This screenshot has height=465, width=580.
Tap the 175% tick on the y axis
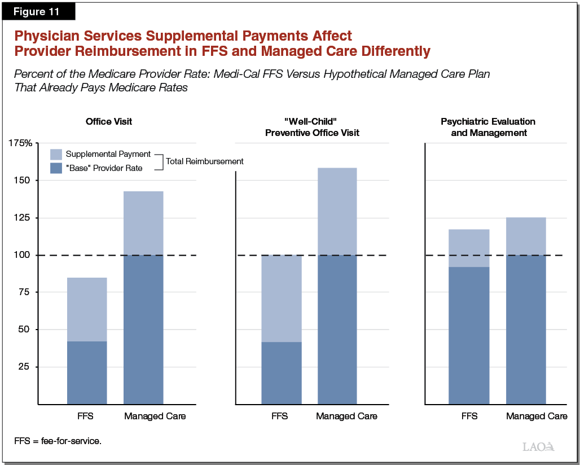(x=20, y=143)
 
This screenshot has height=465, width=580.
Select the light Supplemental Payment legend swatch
(x=56, y=154)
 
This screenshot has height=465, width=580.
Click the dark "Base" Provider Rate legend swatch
(x=56, y=168)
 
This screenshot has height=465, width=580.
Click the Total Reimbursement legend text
(x=204, y=161)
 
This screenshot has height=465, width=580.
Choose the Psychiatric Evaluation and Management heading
(x=489, y=127)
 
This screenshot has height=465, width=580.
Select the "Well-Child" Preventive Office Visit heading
(x=313, y=127)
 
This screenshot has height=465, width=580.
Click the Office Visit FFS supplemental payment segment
(x=87, y=309)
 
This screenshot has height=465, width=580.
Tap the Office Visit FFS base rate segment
(x=87, y=372)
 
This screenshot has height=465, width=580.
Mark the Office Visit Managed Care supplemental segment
(x=143, y=223)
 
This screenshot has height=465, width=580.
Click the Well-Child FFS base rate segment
(x=281, y=372)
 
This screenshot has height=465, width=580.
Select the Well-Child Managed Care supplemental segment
(x=337, y=211)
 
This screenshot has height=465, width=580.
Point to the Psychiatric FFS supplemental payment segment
(x=469, y=248)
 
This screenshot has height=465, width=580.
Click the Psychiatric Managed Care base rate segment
(x=526, y=330)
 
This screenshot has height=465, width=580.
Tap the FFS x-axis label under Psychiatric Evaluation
(x=469, y=416)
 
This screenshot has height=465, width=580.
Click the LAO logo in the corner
(x=538, y=446)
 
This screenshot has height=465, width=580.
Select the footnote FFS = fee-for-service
(x=58, y=441)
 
